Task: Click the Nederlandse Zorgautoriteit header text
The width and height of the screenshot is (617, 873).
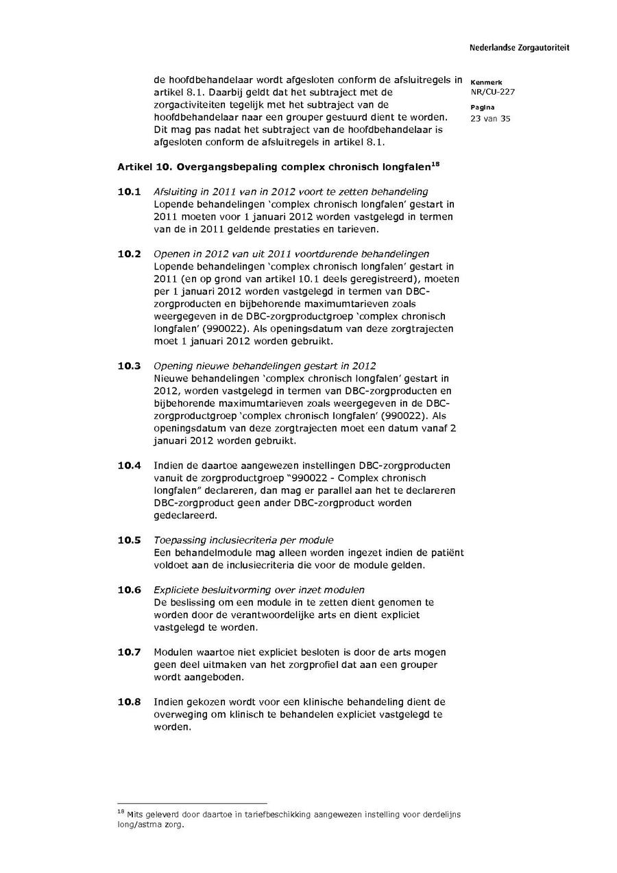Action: pyautogui.click(x=519, y=48)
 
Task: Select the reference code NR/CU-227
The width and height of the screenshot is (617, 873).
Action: pyautogui.click(x=492, y=92)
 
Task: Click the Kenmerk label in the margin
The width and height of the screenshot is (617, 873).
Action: pyautogui.click(x=486, y=82)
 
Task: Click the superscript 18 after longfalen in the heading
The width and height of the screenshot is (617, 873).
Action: pyautogui.click(x=434, y=163)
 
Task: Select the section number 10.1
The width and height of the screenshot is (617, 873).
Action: pyautogui.click(x=128, y=191)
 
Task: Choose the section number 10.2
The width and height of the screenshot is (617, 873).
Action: pyautogui.click(x=128, y=254)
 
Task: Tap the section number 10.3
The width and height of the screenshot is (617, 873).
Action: pyautogui.click(x=128, y=366)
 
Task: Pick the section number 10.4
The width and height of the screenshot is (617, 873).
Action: pyautogui.click(x=128, y=465)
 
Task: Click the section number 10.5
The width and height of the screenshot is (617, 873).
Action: pyautogui.click(x=128, y=540)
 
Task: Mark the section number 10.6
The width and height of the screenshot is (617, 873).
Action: pyautogui.click(x=128, y=590)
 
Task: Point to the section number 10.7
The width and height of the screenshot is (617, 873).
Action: pyautogui.click(x=128, y=651)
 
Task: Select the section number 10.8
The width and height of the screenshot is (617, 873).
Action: pyautogui.click(x=128, y=702)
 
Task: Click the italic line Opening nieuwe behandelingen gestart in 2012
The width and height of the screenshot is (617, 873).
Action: pyautogui.click(x=264, y=366)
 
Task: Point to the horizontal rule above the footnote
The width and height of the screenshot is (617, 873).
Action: pyautogui.click(x=192, y=803)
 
